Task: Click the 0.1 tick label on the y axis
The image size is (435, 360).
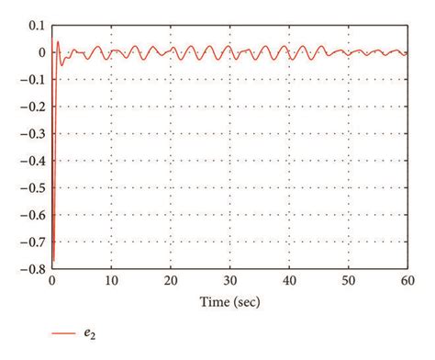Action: [x=37, y=25]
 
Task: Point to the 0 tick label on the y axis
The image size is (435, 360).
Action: [x=40, y=52]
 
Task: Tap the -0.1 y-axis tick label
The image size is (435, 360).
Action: [x=33, y=79]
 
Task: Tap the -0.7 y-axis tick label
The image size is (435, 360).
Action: [x=33, y=242]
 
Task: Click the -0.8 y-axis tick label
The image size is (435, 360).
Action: [x=33, y=269]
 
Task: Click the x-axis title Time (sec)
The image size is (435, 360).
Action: [x=230, y=301]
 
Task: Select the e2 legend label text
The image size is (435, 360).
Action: [x=89, y=335]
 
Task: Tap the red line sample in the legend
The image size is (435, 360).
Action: [x=62, y=334]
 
